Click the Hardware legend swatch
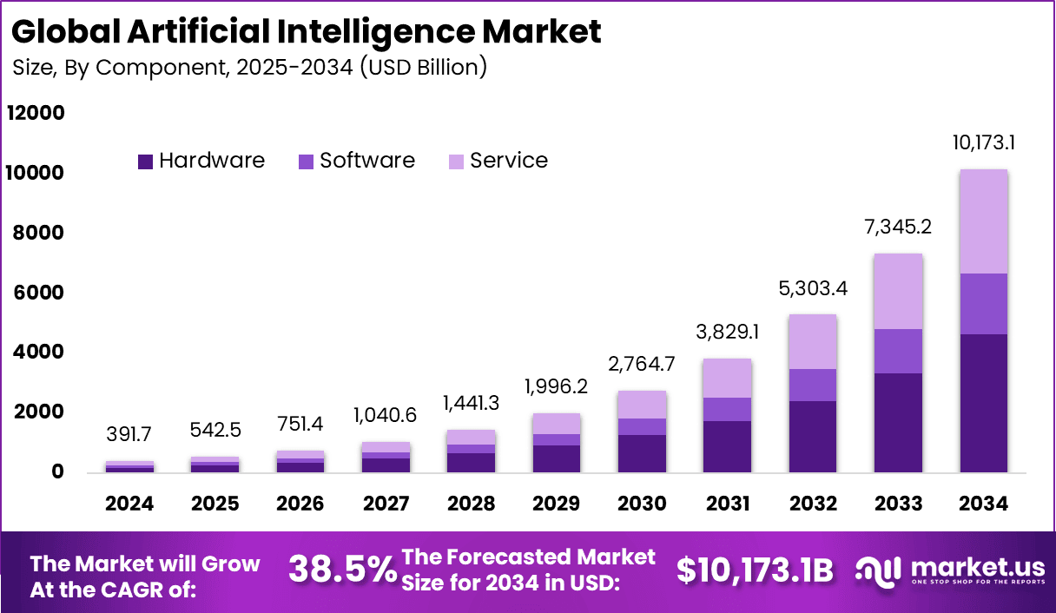tap(146, 161)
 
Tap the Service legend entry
tap(498, 161)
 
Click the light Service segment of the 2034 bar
tap(983, 221)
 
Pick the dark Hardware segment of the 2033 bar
tap(898, 423)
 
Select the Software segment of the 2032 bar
tap(813, 385)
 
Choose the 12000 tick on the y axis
tap(36, 114)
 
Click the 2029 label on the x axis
tap(557, 504)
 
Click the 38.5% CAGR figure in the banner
tap(341, 570)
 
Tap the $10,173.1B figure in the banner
tap(755, 570)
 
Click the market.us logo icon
tap(879, 570)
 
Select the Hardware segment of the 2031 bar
tap(727, 446)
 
